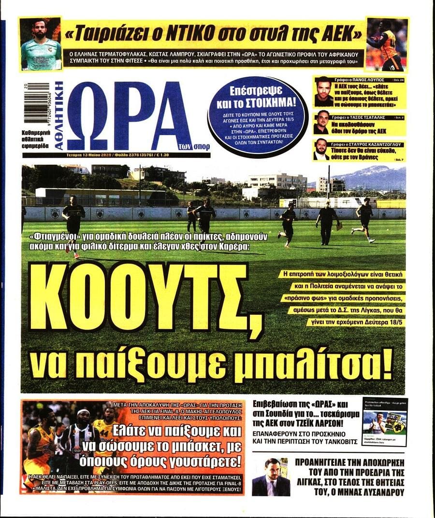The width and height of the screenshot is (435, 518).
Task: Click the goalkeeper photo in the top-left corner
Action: coord(41,44)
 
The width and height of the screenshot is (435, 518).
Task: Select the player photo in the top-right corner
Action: coord(387,44)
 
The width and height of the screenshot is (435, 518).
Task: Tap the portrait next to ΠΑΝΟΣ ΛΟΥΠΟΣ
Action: coord(323,92)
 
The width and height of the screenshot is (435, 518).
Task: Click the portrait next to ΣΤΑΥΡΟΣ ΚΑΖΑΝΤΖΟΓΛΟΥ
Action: coord(320,150)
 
